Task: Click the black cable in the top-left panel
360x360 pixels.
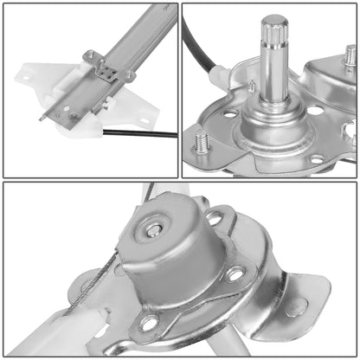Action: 143,133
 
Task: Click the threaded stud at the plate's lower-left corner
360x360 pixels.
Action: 202,141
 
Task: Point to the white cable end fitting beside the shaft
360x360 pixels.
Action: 220,78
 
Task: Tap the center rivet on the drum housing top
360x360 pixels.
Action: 154,229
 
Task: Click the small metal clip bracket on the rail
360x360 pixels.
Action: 101,67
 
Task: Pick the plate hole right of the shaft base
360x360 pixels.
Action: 315,110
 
